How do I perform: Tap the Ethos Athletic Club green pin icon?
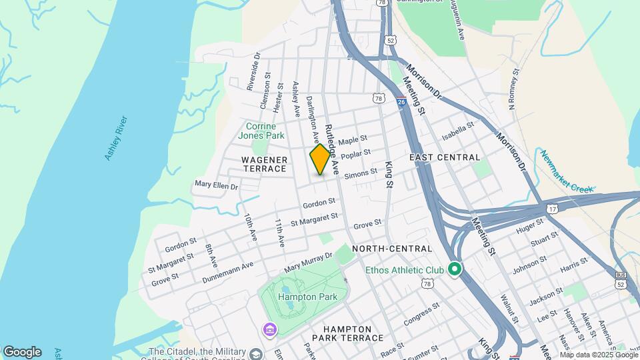pyautogui.click(x=455, y=269)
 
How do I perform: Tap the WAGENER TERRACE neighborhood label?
pyautogui.click(x=265, y=164)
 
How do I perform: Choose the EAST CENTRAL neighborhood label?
pyautogui.click(x=445, y=157)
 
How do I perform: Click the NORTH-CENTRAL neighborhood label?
pyautogui.click(x=392, y=249)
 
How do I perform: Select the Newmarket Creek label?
pyautogui.click(x=566, y=171)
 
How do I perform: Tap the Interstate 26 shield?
pyautogui.click(x=401, y=101)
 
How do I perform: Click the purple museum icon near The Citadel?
pyautogui.click(x=269, y=329)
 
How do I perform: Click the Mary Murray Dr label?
pyautogui.click(x=308, y=261)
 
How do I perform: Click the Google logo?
pyautogui.click(x=22, y=352)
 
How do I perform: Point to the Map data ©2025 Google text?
pyautogui.click(x=599, y=355)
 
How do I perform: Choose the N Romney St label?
pyautogui.click(x=513, y=89)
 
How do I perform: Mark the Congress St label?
pyautogui.click(x=421, y=313)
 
